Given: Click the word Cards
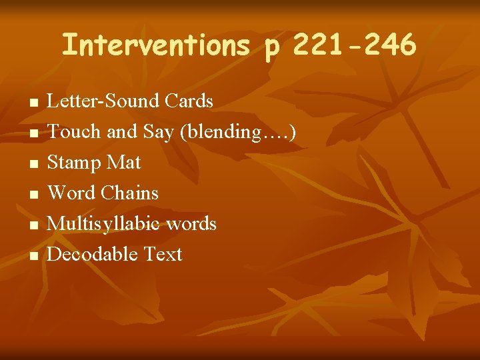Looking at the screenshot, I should point(189,101).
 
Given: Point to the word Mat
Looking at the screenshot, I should point(126,163).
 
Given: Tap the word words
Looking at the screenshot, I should point(191,223).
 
